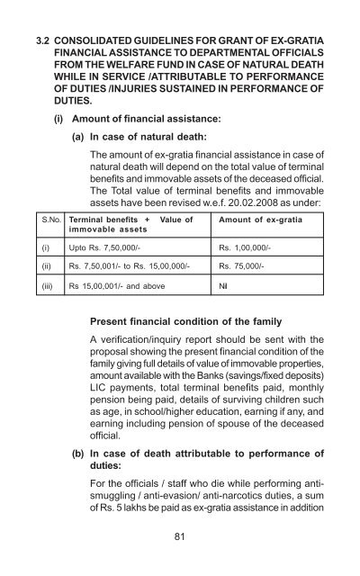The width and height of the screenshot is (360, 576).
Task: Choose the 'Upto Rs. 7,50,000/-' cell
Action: click(x=103, y=245)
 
